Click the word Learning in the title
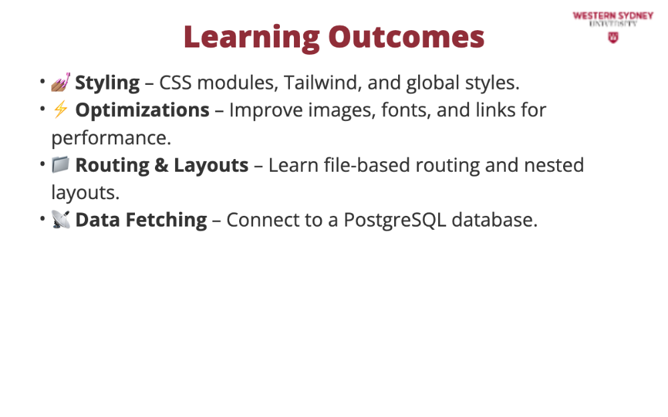coord(252,38)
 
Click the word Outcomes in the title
coord(406,37)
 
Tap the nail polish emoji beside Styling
coord(61,82)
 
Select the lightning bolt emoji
coord(61,110)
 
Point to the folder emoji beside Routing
coord(61,164)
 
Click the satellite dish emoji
coord(61,219)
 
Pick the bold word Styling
coord(108,83)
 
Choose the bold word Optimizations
coord(142,110)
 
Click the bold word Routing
coord(112,166)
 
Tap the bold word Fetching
coord(166,220)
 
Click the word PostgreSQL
coord(395,221)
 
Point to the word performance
coord(111,138)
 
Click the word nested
coord(554,165)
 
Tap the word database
coord(494,220)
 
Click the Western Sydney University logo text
coord(613,19)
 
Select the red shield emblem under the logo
coord(613,38)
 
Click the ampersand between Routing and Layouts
coord(162,166)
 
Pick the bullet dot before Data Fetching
coord(42,219)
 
